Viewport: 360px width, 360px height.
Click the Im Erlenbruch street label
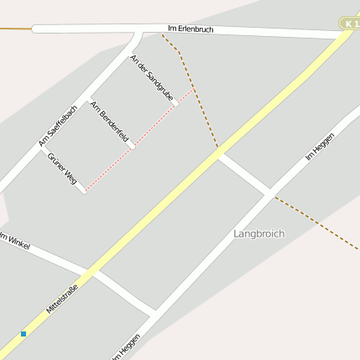coord(191,29)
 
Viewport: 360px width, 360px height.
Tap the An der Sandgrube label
coord(152,78)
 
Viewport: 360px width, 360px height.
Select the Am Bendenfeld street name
coord(112,123)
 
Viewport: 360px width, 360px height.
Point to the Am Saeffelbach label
coord(58,125)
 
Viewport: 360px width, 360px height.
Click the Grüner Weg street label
coord(62,168)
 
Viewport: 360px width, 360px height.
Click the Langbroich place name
coord(259,233)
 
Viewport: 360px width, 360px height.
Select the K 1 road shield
coord(349,24)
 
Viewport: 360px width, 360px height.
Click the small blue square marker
coord(23,334)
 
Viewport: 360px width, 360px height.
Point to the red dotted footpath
coord(138,140)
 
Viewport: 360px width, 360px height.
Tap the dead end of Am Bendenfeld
coord(132,146)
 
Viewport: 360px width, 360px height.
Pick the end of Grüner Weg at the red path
coord(83,190)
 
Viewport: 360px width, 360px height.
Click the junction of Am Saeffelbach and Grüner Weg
coord(41,150)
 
